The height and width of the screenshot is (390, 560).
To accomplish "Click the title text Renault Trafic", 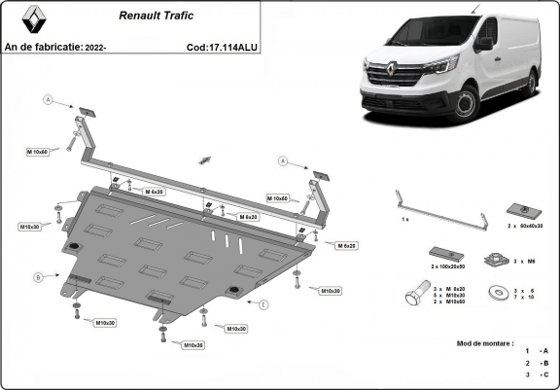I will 155,16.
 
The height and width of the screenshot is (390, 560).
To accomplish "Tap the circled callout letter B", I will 39,277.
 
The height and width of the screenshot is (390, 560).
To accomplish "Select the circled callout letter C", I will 262,304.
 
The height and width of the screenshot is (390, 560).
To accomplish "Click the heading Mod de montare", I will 486,343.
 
